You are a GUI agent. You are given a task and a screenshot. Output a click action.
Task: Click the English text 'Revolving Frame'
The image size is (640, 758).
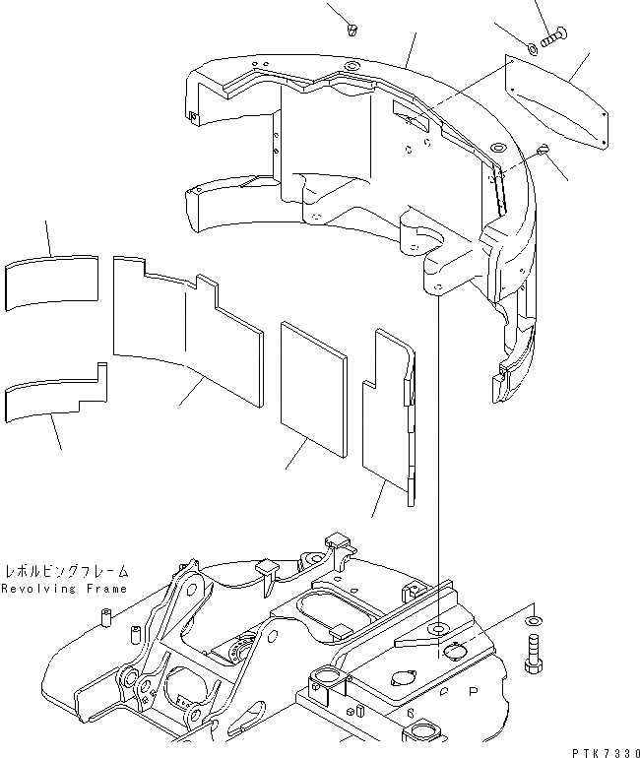(x=64, y=589)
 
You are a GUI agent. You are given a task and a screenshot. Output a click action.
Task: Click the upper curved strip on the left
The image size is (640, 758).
(x=53, y=281)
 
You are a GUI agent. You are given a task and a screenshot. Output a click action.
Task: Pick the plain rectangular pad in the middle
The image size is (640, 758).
(x=314, y=389)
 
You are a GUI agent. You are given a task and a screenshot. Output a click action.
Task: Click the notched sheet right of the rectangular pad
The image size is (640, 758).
(x=389, y=413)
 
